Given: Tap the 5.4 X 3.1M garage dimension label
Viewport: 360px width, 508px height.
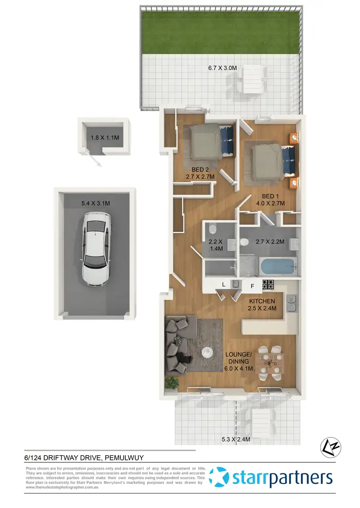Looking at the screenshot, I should point(96,204).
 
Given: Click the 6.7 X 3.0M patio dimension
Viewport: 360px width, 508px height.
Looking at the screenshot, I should point(223,68).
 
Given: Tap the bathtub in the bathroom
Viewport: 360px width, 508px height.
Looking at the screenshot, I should point(278,266).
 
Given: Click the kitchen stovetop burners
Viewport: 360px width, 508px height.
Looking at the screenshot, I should point(268,285).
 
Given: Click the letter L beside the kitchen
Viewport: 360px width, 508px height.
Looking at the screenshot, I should point(224,285).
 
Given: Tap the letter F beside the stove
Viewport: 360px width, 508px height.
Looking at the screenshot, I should point(252,286).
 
